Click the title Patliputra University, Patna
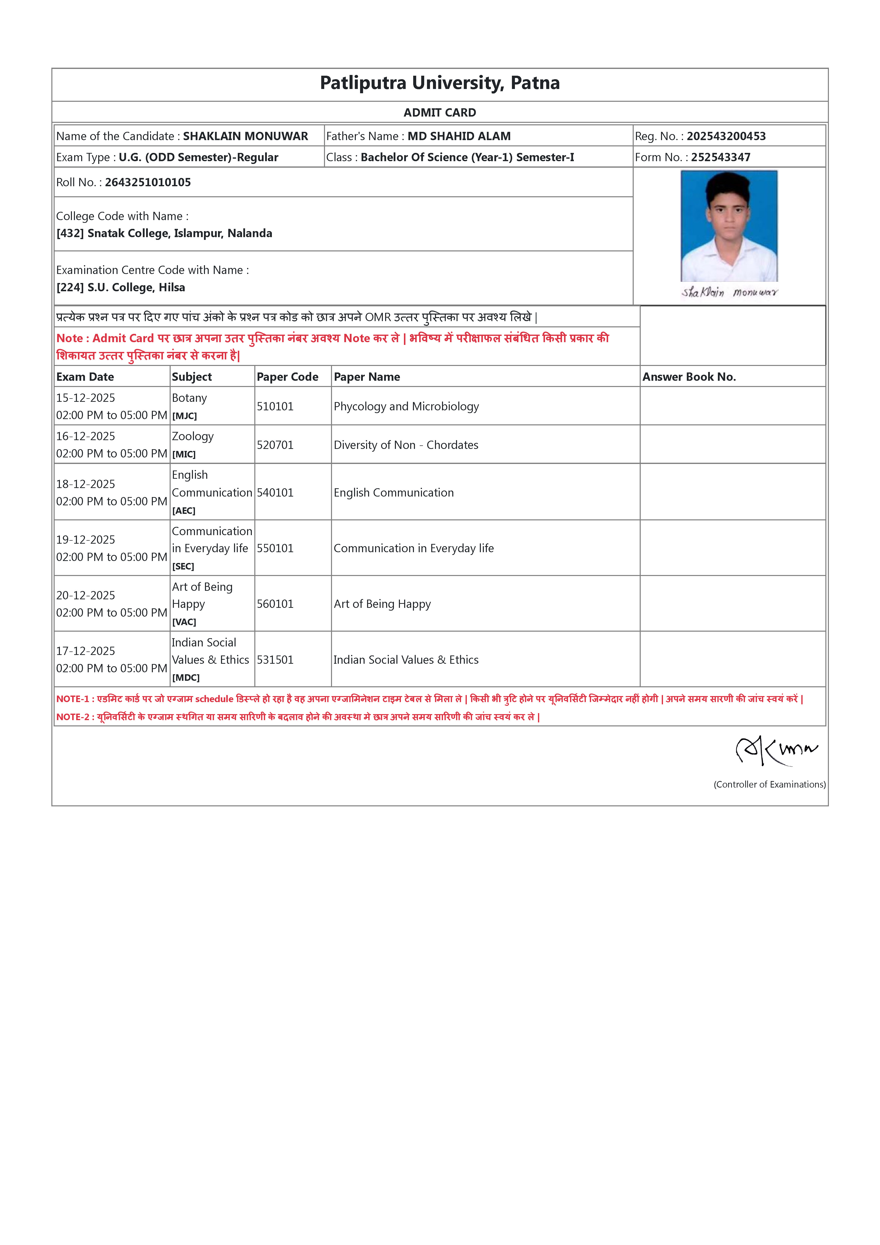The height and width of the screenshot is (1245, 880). coord(440,83)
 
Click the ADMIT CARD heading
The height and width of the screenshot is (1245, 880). coord(440,113)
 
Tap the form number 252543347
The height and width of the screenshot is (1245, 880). coord(721,157)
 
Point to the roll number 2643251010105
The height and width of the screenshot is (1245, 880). coord(148,182)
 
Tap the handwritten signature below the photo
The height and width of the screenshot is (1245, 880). coord(729,292)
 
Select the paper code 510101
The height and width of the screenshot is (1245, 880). coord(275,406)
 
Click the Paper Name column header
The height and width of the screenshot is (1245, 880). coord(367,377)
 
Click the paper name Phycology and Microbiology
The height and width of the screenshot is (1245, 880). coord(406,406)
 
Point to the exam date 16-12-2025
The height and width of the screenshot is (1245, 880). coord(86,436)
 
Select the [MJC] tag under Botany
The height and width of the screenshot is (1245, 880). coord(184,416)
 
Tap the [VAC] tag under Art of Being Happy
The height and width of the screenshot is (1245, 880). coord(184,622)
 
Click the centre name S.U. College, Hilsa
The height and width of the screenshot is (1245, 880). coord(136,288)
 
